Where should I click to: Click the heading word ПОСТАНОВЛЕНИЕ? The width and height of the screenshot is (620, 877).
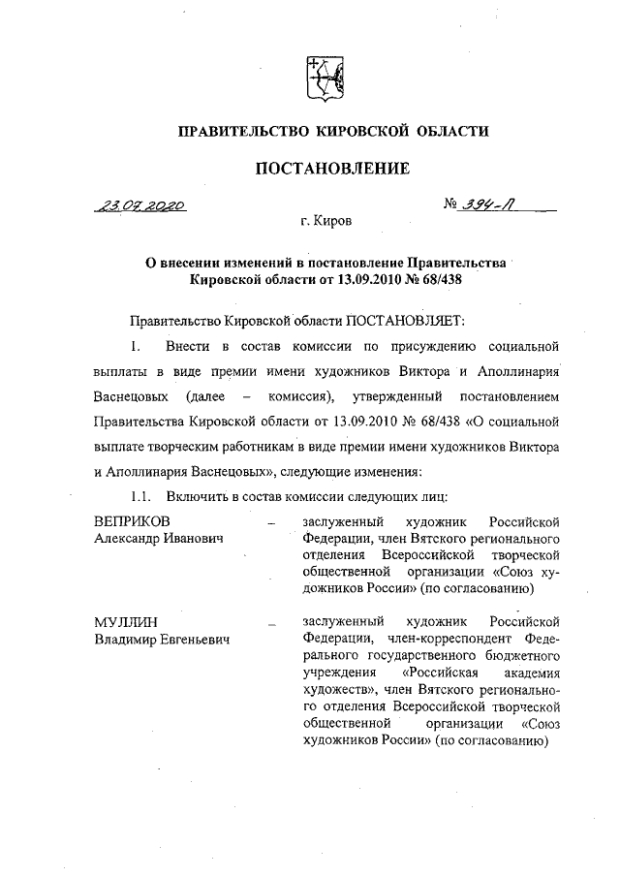[319, 169]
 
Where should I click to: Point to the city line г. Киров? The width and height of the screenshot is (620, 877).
[326, 223]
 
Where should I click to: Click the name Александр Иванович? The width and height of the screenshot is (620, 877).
[159, 538]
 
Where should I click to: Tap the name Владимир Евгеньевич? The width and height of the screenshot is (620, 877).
[163, 638]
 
